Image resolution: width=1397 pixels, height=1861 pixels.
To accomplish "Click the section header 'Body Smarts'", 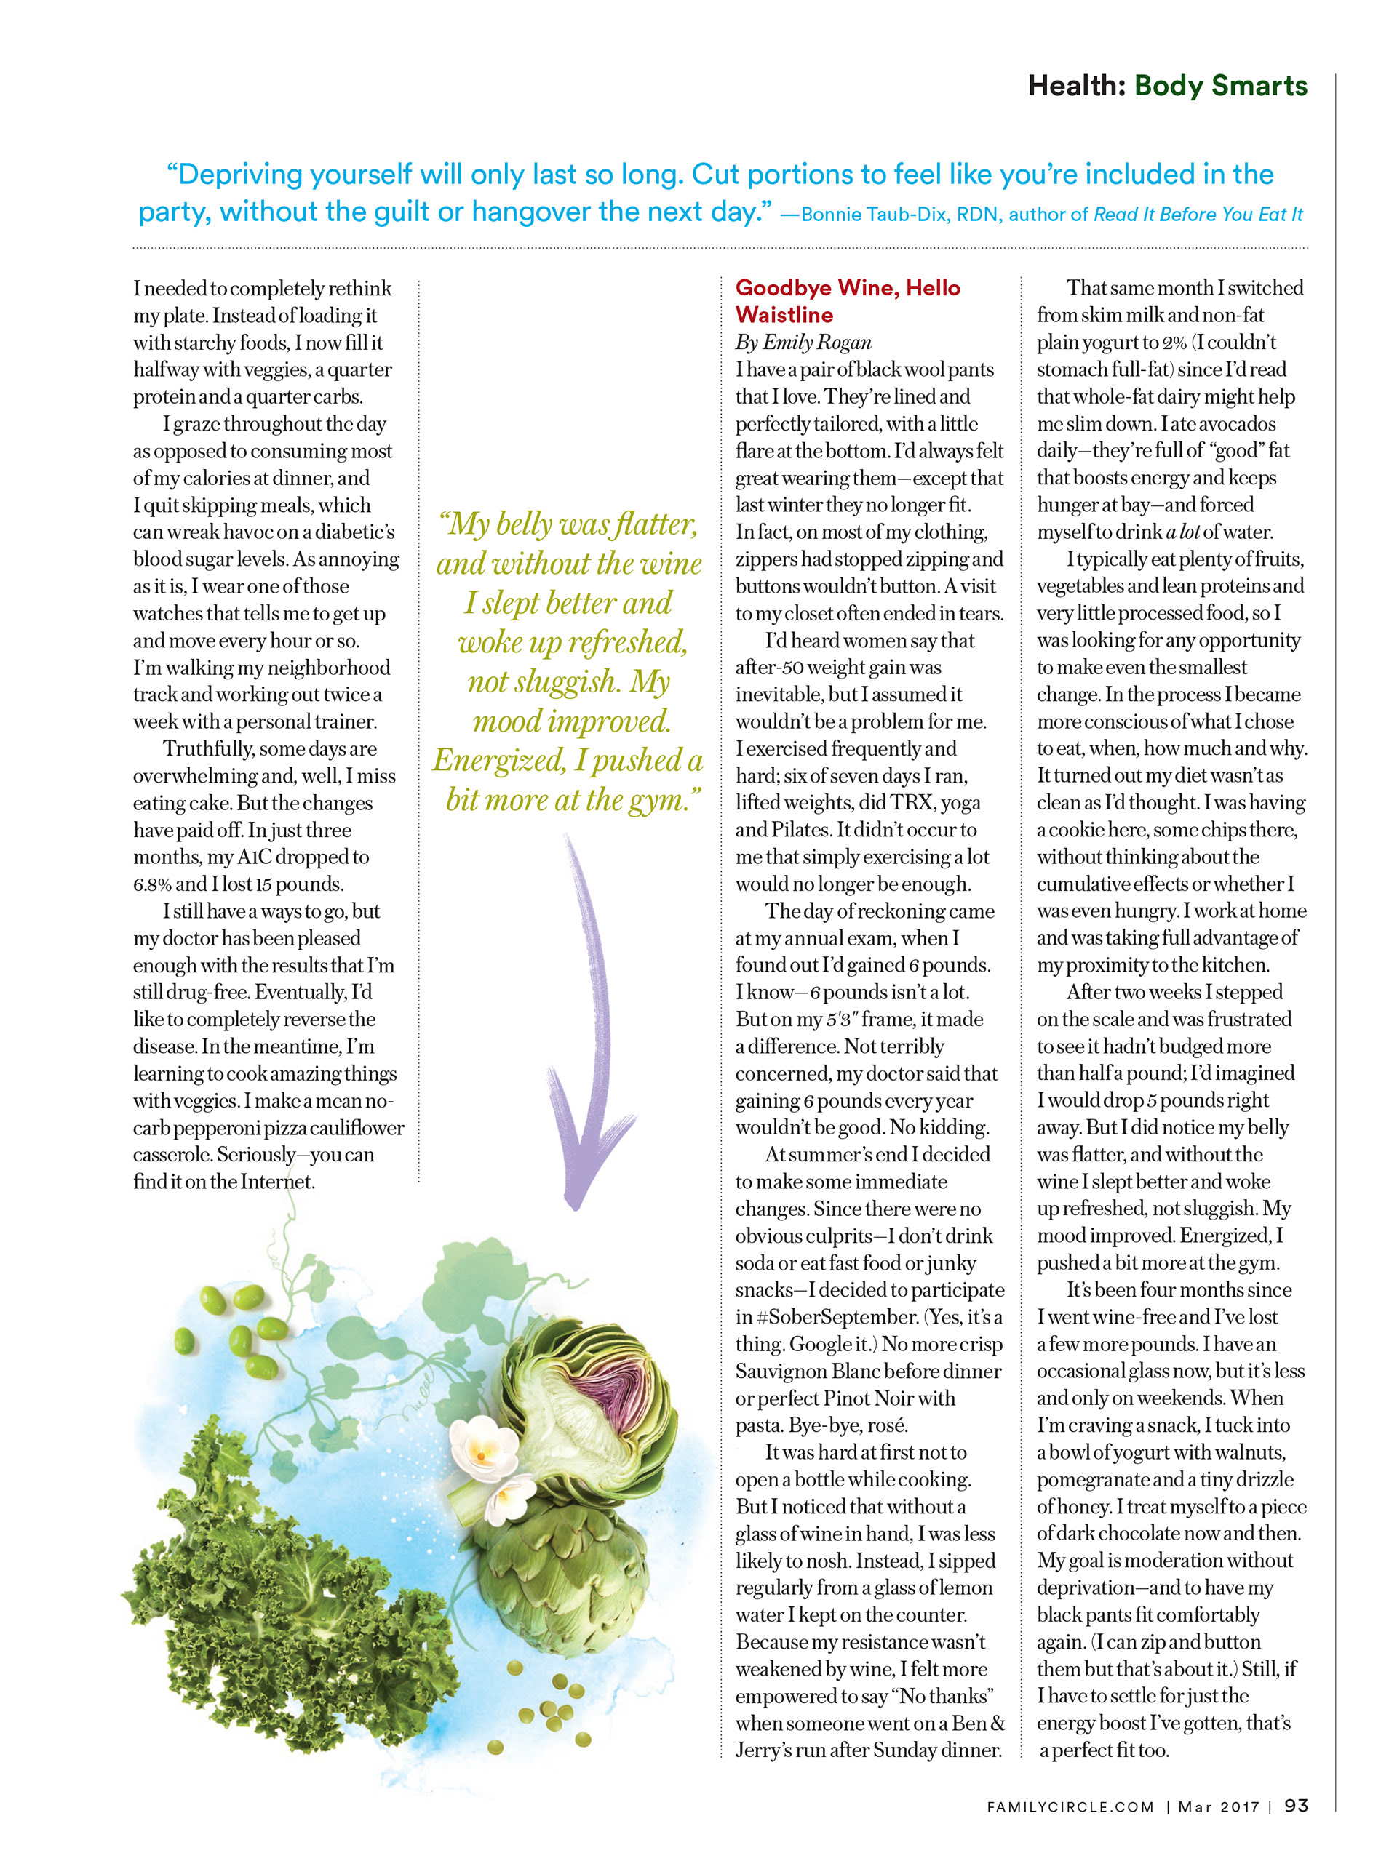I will pyautogui.click(x=1220, y=86).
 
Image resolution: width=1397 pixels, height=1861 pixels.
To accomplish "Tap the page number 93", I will pyautogui.click(x=1296, y=1806).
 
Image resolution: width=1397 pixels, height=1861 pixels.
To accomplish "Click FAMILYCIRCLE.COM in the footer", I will pyautogui.click(x=1070, y=1806).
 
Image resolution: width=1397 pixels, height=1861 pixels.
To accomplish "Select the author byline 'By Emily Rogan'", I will pyautogui.click(x=803, y=343).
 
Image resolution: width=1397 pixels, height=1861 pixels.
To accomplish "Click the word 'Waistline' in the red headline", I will pyautogui.click(x=784, y=316).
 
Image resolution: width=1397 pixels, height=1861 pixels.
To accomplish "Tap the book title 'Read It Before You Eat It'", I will pyautogui.click(x=1198, y=215).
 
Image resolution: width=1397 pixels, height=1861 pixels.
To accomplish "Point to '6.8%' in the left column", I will pyautogui.click(x=151, y=884).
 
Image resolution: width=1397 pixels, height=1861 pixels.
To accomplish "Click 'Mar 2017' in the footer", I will pyautogui.click(x=1219, y=1806).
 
